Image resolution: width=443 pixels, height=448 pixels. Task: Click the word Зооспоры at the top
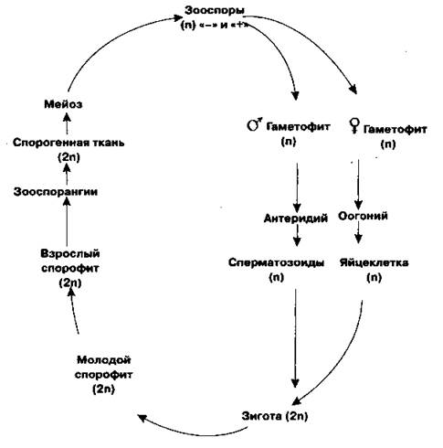point(215,10)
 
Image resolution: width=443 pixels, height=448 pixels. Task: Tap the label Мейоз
point(63,104)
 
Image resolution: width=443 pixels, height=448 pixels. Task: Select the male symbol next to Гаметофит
point(254,123)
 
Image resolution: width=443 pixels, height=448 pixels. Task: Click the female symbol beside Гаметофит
point(354,126)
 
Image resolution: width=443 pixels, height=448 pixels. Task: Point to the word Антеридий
point(296,219)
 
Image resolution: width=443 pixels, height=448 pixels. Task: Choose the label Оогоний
point(363,216)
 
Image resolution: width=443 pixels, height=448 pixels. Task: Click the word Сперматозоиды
point(276,262)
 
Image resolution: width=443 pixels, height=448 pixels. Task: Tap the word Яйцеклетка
point(374,262)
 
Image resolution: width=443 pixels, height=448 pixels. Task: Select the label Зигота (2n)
point(275,416)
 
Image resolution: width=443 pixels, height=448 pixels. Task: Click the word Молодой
point(104,360)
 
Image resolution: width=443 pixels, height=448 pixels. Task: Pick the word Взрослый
point(70,253)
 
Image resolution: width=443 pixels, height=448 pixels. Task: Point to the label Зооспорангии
point(56,192)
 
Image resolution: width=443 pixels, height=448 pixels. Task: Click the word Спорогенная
point(47,143)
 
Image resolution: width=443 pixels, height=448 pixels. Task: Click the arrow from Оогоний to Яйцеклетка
point(359,233)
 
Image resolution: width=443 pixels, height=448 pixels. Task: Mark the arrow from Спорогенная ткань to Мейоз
point(68,123)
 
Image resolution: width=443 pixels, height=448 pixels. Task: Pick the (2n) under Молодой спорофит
point(103,389)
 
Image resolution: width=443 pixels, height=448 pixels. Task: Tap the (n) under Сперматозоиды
point(276,277)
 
